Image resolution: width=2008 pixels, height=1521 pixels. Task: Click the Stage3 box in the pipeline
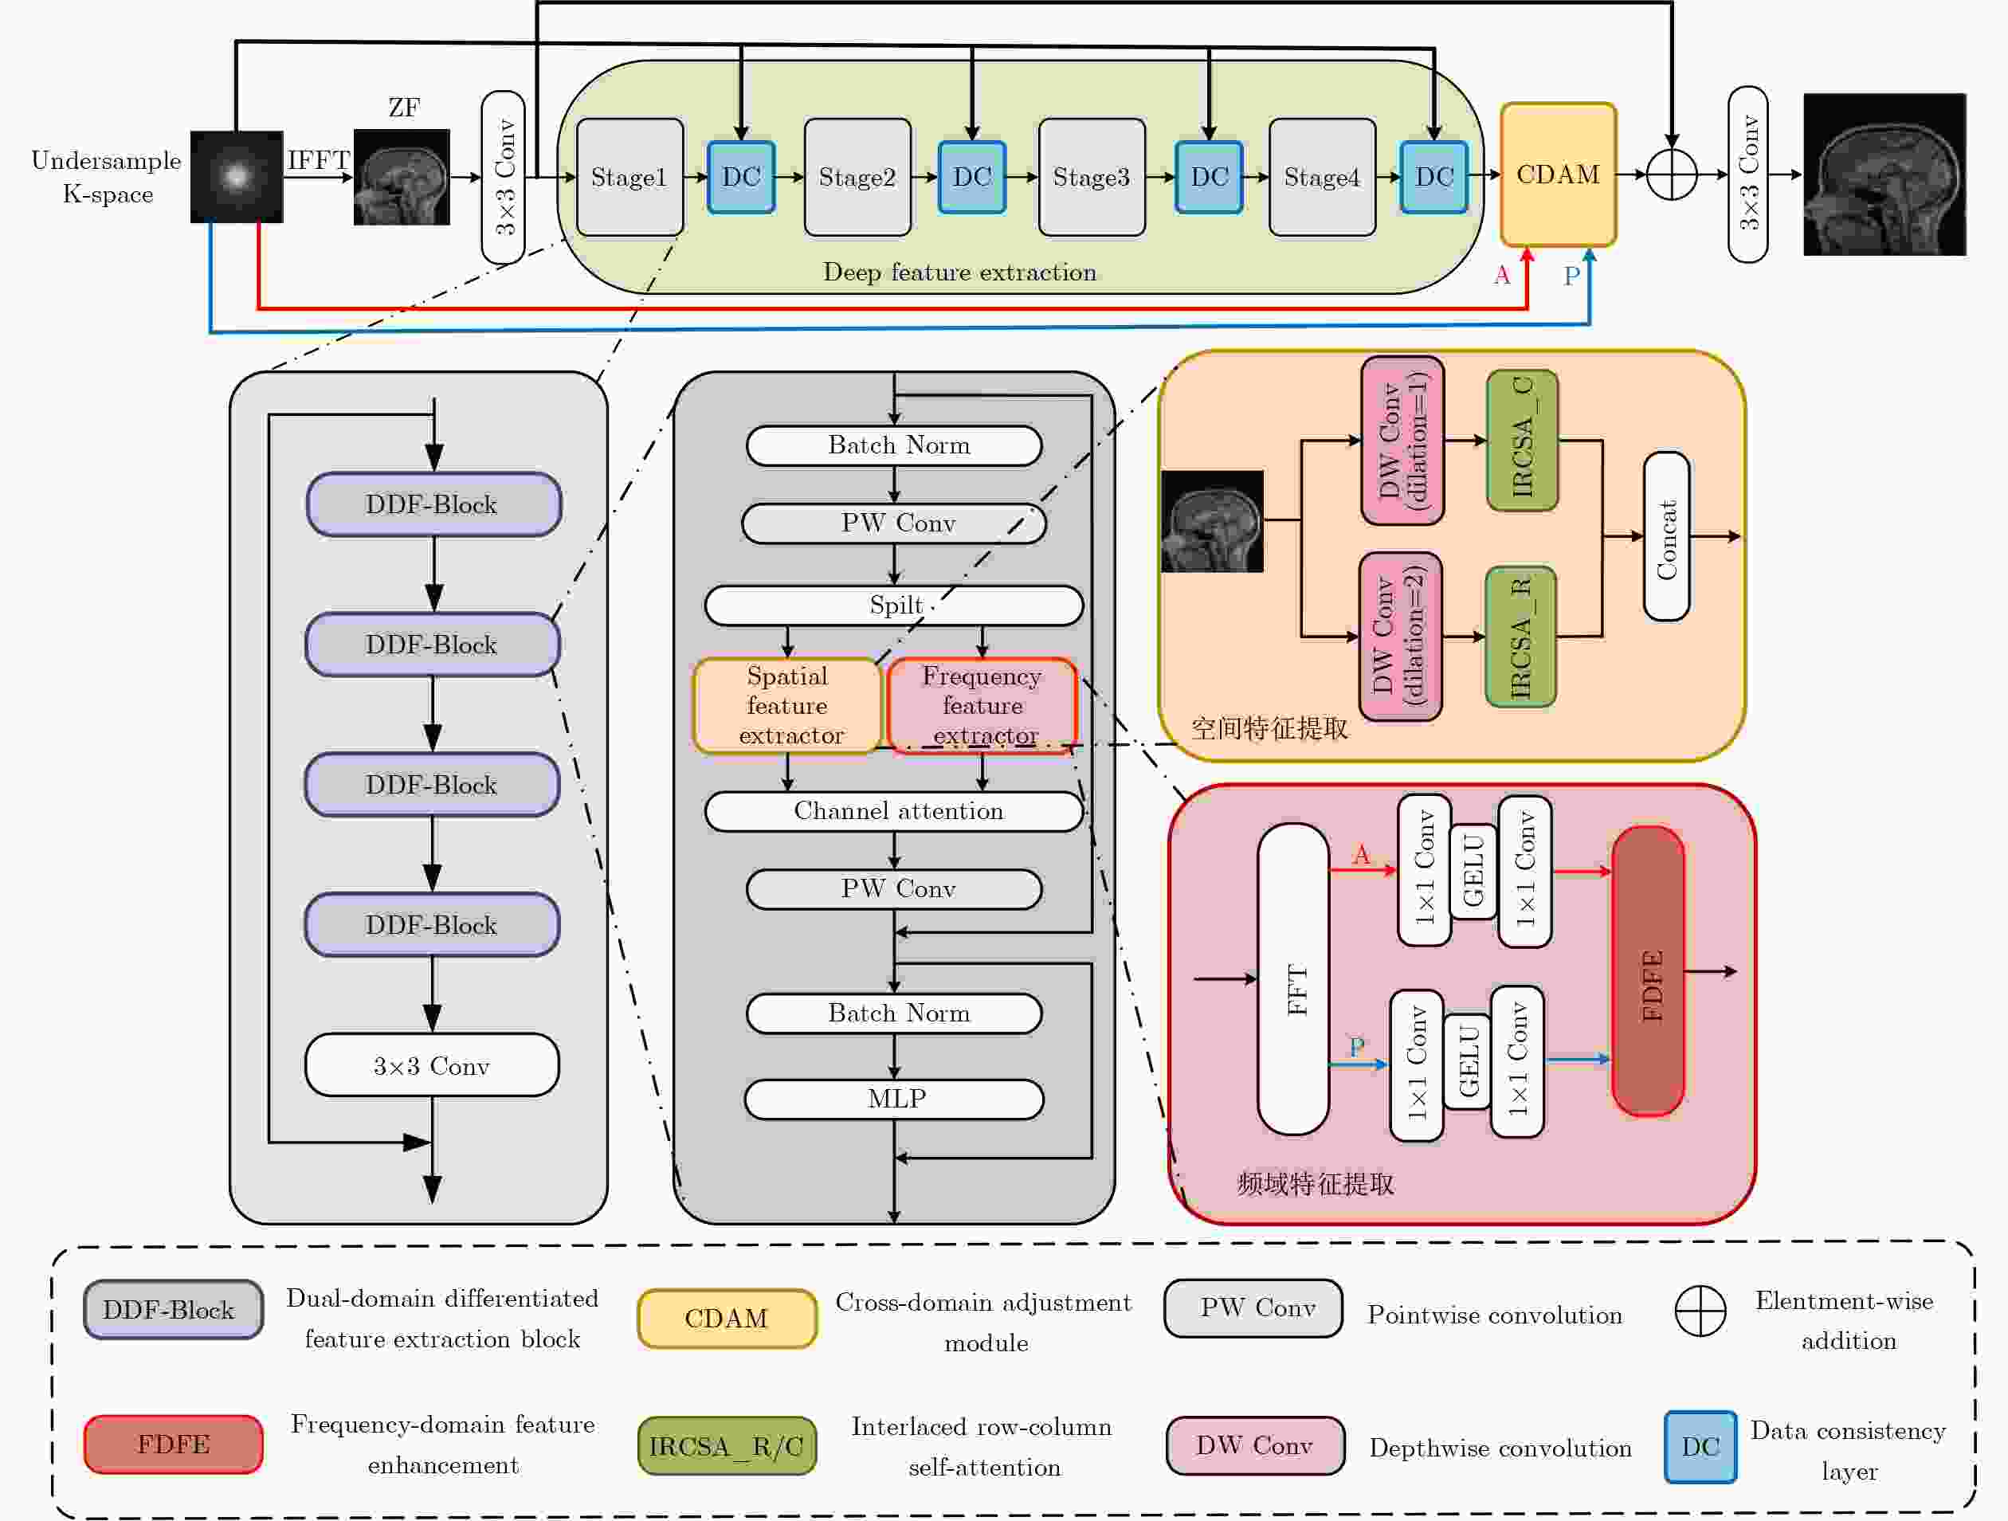click(x=1091, y=177)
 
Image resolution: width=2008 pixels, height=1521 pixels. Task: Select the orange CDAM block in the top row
click(x=1558, y=174)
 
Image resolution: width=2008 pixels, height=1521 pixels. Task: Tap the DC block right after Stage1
click(x=741, y=177)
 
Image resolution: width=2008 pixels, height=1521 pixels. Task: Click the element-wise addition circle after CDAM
click(x=1671, y=174)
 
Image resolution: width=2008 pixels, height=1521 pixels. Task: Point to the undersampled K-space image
click(x=236, y=177)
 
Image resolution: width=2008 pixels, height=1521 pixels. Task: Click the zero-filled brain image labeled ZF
click(x=402, y=177)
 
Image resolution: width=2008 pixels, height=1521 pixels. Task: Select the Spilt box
click(x=894, y=606)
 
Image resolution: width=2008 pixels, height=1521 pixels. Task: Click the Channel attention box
click(x=894, y=811)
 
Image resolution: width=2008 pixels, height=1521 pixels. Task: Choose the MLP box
click(x=894, y=1099)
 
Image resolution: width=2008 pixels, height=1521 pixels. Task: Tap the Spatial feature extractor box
click(x=787, y=706)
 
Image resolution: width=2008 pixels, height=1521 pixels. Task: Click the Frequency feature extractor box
click(x=982, y=706)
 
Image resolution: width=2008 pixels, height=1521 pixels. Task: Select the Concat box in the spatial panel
click(x=1667, y=536)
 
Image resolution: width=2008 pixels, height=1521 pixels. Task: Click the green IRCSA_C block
click(x=1523, y=440)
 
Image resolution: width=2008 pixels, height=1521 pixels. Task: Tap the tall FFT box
click(x=1293, y=979)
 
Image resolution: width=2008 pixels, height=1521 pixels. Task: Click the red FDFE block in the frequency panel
click(x=1649, y=971)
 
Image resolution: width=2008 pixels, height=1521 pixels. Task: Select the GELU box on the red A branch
click(x=1473, y=871)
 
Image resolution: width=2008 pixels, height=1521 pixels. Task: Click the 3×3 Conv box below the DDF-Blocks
click(x=432, y=1065)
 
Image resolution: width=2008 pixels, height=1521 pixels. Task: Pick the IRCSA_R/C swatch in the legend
click(x=726, y=1445)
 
